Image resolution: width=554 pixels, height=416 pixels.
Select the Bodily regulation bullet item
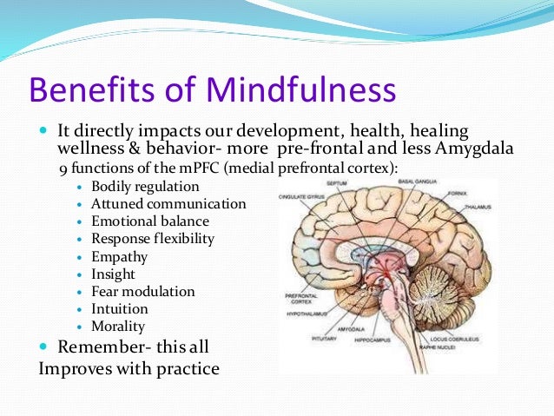point(144,186)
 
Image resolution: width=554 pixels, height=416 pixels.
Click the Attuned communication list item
point(168,204)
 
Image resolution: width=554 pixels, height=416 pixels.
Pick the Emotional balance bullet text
point(149,221)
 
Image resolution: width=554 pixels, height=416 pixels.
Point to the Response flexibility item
point(152,239)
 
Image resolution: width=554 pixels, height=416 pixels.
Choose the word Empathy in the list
point(119,257)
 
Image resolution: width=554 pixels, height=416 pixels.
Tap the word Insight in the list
point(115,274)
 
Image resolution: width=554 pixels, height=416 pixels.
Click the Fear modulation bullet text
point(142,292)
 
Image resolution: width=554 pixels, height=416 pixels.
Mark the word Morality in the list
point(118,327)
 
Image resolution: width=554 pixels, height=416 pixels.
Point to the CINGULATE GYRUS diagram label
point(300,197)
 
